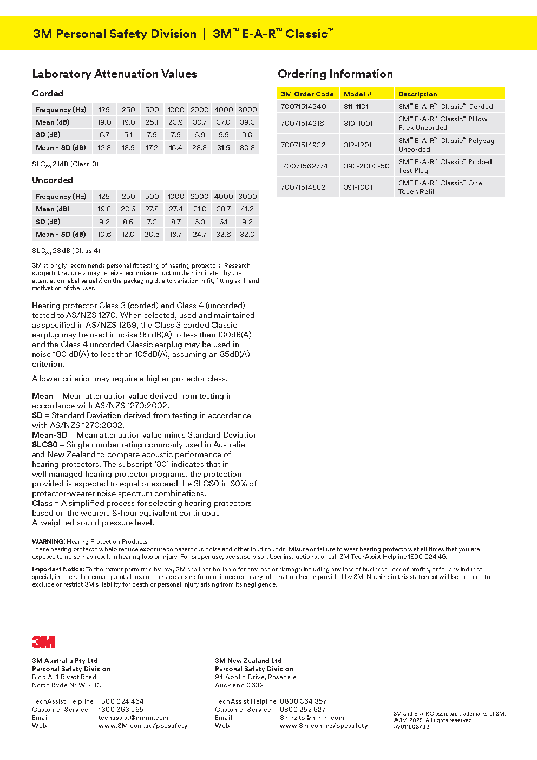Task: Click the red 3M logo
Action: (x=43, y=642)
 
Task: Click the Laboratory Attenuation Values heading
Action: (x=114, y=74)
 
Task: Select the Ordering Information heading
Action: (x=335, y=74)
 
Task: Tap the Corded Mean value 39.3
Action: (x=247, y=122)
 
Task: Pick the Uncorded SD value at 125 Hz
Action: (x=104, y=222)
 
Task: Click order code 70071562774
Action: (x=305, y=166)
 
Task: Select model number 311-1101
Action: (x=356, y=107)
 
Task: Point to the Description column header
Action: (x=417, y=94)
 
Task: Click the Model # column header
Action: (x=357, y=94)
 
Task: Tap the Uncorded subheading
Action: (x=53, y=180)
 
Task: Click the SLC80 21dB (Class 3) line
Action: (x=66, y=164)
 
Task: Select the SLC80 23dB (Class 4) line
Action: (x=66, y=251)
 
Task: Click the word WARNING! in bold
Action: (x=48, y=541)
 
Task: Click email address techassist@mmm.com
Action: (x=133, y=718)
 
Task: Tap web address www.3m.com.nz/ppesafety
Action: (x=324, y=726)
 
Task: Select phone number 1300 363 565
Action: (x=121, y=710)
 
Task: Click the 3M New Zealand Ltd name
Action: (x=248, y=661)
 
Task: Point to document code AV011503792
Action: (x=411, y=727)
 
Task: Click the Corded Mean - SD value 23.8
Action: (x=199, y=148)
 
